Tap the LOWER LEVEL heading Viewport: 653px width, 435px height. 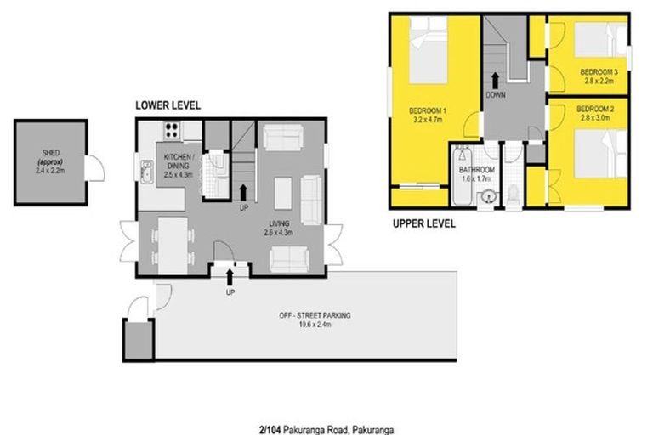coord(168,105)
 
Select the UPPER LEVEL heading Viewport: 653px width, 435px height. coord(423,224)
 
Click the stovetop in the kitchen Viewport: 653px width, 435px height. coord(172,132)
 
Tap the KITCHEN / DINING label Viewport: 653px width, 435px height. coord(179,161)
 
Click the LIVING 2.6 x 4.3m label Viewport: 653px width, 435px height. coord(279,227)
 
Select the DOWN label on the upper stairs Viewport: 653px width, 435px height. coord(497,95)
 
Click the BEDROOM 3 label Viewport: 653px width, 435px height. coord(600,71)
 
